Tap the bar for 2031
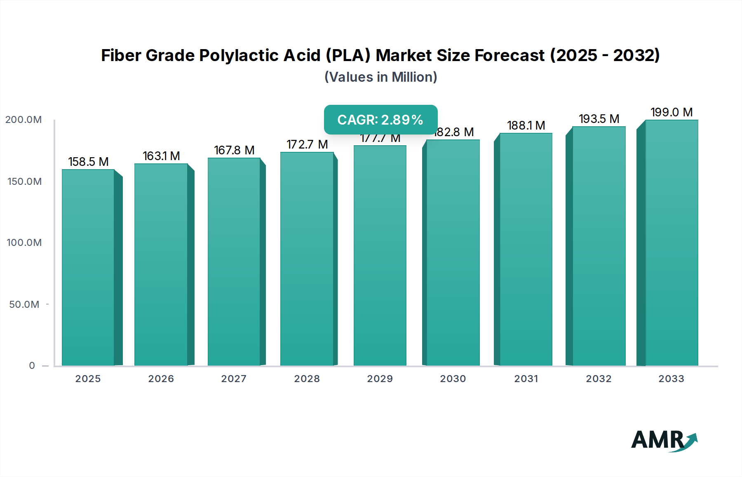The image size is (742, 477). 526,249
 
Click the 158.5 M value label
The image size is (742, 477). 88,162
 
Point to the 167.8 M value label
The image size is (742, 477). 234,150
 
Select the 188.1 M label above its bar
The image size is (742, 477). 526,125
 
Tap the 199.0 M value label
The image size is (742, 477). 672,112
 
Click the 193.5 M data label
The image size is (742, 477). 599,119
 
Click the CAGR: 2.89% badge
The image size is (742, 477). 380,120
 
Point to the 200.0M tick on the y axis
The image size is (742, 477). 23,120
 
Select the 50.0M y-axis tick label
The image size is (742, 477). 24,305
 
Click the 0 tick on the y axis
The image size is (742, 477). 32,366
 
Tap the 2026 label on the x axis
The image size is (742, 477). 161,379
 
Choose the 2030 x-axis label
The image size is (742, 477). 453,379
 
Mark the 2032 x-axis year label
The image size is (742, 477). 599,379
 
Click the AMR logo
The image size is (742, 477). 664,440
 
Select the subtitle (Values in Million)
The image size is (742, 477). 380,77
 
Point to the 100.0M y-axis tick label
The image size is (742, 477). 24,243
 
